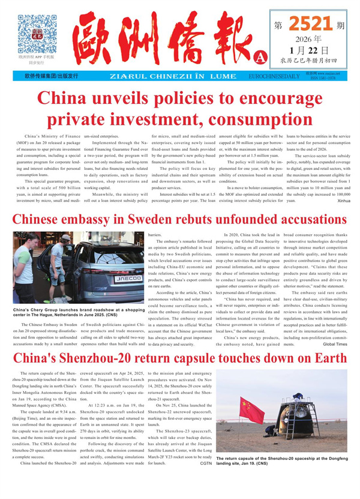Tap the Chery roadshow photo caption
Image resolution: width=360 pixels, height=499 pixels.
pos(79,313)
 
